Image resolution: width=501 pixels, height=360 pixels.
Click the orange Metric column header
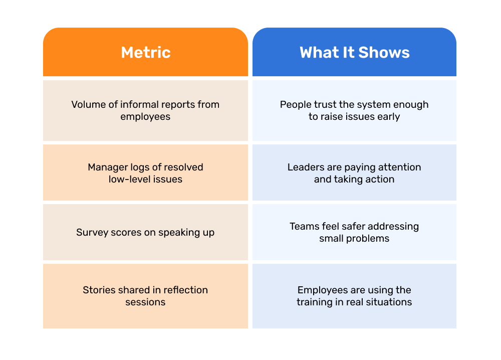[145, 52]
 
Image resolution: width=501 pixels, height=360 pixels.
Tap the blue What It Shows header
[354, 52]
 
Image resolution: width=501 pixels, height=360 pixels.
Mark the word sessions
[145, 302]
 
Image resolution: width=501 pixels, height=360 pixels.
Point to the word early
[389, 117]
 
